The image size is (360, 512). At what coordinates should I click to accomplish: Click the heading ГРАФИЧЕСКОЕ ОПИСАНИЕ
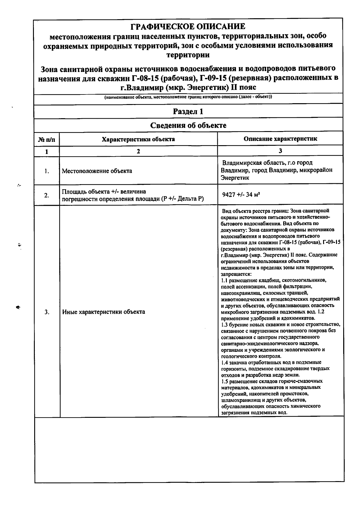(188, 27)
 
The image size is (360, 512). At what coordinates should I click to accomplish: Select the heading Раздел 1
(188, 112)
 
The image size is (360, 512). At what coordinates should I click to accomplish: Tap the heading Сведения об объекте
(188, 125)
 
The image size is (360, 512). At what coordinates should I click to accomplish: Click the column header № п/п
(47, 139)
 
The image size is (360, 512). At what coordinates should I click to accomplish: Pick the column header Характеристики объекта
(138, 139)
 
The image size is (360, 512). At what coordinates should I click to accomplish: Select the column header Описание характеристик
(280, 139)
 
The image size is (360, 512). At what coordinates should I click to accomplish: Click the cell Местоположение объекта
(97, 171)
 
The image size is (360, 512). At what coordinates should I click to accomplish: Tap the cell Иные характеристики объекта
(103, 312)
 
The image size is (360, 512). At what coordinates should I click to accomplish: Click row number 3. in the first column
(47, 312)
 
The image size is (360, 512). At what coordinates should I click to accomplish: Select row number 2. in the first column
(47, 195)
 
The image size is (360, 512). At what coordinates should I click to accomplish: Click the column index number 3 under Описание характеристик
(280, 151)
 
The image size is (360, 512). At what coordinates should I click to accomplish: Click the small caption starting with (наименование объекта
(188, 97)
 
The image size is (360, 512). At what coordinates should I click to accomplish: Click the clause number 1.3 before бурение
(224, 325)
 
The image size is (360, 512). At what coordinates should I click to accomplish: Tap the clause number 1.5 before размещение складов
(224, 381)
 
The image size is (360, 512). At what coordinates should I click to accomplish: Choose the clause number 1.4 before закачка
(224, 362)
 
